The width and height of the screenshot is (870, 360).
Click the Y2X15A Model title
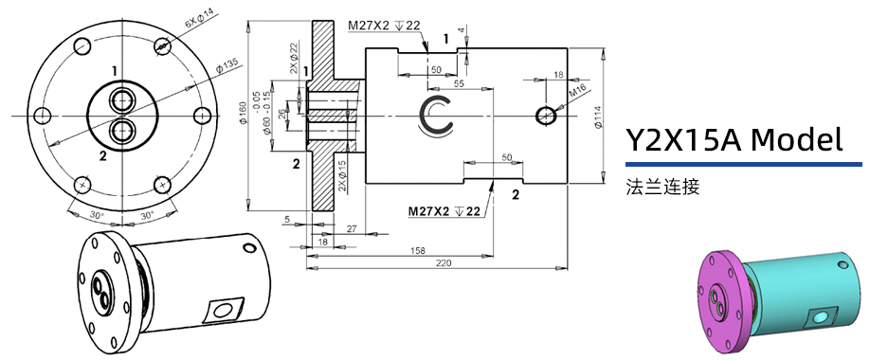click(734, 140)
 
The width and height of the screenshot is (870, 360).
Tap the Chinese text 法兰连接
click(662, 187)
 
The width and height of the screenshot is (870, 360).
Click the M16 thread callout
click(578, 92)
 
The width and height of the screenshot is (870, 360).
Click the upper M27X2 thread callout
click(384, 26)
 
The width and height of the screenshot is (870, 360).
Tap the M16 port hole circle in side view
click(546, 115)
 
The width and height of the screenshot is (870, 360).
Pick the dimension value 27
click(352, 229)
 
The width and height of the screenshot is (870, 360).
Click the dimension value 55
click(459, 84)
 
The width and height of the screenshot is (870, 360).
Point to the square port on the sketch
click(225, 309)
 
